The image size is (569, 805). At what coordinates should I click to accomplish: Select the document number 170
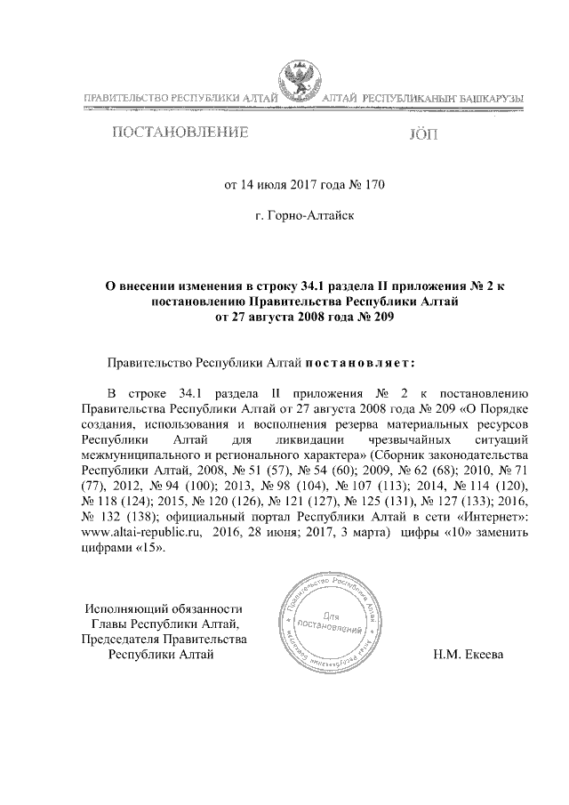[x=373, y=186]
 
